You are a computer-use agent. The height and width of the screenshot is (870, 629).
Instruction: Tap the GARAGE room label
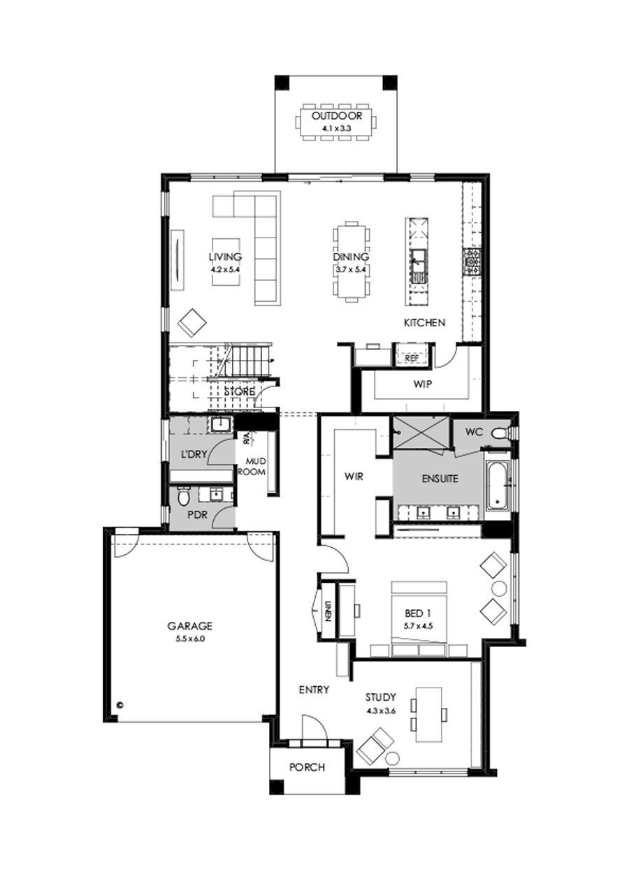pyautogui.click(x=189, y=626)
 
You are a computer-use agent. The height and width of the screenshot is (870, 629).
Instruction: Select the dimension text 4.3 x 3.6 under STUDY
pyautogui.click(x=380, y=711)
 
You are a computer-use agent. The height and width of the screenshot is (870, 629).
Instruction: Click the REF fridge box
pyautogui.click(x=411, y=358)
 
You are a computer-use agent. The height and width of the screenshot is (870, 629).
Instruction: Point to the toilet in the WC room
pyautogui.click(x=499, y=434)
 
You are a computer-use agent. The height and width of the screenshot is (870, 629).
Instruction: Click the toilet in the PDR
pyautogui.click(x=183, y=497)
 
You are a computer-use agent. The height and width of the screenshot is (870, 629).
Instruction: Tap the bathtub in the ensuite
pyautogui.click(x=496, y=484)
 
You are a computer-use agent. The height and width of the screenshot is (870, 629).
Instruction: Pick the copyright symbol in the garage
pyautogui.click(x=120, y=705)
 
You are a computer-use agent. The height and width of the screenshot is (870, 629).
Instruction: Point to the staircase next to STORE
pyautogui.click(x=245, y=360)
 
